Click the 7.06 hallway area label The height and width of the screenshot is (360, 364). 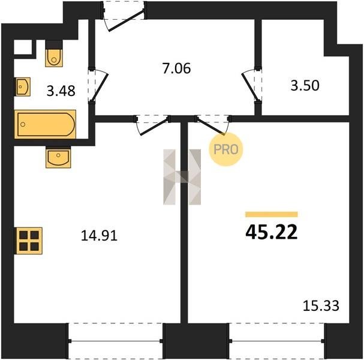177,68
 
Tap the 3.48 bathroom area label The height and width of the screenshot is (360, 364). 61,91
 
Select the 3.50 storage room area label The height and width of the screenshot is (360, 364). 305,85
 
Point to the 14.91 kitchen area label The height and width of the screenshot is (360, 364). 99,236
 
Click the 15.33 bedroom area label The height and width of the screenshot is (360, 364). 321,305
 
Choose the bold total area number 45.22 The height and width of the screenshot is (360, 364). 272,232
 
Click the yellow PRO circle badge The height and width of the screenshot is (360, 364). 225,149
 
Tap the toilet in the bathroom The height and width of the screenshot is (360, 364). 54,53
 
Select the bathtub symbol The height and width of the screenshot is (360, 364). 45,124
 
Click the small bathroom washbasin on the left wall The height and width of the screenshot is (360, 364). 23,86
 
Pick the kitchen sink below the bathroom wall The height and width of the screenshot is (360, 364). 58,157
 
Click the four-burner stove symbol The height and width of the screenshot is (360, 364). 29,241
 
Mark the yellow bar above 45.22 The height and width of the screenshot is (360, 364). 272,214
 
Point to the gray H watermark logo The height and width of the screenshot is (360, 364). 182,177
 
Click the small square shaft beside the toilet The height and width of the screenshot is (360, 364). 23,47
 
